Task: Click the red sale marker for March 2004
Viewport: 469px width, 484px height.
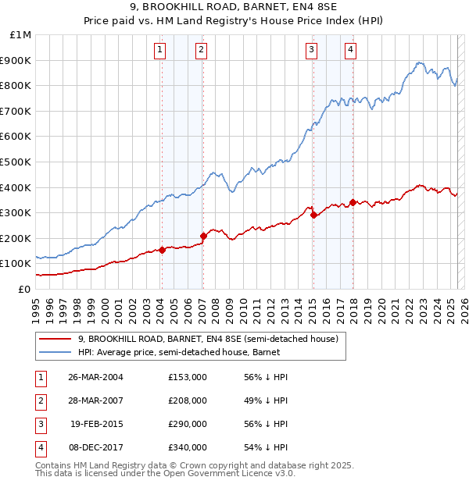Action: pos(162,250)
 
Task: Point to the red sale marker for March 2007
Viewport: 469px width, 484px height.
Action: pos(203,236)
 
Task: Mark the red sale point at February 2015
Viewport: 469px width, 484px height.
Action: pos(313,215)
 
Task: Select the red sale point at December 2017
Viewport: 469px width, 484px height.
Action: pos(353,202)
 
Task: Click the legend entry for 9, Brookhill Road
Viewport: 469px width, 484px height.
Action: pos(207,340)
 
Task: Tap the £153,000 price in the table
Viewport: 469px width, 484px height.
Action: pos(187,377)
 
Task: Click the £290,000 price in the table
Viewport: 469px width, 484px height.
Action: pos(187,424)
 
